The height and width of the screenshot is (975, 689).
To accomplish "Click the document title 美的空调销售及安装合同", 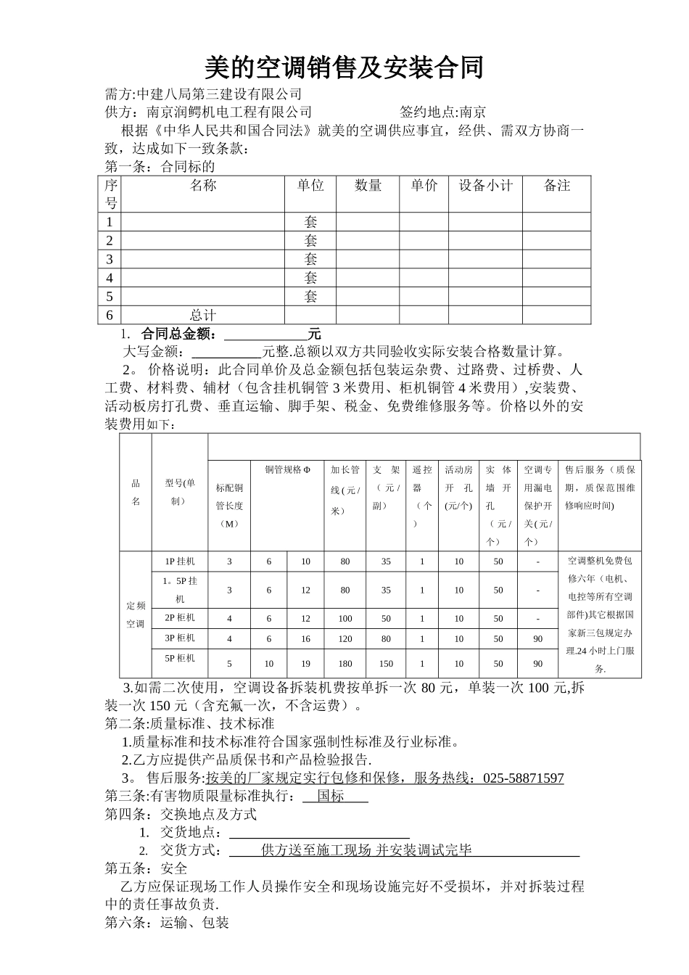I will click(x=344, y=68).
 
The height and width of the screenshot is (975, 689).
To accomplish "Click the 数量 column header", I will click(x=368, y=186).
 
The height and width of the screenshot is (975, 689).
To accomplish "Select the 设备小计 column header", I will click(x=485, y=186).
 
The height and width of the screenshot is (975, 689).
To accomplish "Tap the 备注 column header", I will click(x=556, y=186).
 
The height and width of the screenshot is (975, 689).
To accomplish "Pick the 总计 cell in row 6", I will click(x=202, y=315).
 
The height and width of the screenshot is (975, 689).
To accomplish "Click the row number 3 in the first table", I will click(x=110, y=259).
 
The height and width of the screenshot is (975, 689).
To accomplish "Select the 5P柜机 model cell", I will click(x=180, y=658).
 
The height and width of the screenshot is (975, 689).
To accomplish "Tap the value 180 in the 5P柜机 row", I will click(x=345, y=664).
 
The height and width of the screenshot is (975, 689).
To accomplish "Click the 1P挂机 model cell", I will click(x=180, y=561).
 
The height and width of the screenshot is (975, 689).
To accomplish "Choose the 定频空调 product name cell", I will click(x=136, y=614).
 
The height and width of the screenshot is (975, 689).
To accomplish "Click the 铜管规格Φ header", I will click(x=287, y=469).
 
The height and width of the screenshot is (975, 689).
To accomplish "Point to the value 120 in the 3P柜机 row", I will click(x=345, y=639).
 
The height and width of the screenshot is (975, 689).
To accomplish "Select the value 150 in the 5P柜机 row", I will click(x=386, y=664).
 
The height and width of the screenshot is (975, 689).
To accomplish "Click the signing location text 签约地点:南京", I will click(x=442, y=112).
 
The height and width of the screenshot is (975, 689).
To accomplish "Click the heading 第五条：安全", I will click(x=147, y=868).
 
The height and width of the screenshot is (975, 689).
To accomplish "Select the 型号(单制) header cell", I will click(x=180, y=492).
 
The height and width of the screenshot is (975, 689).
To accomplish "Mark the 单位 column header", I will click(x=310, y=186).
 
